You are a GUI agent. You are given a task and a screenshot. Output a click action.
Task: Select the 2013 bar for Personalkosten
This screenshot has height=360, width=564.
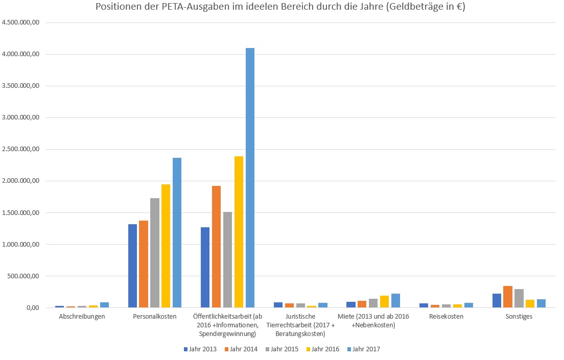[x=132, y=266]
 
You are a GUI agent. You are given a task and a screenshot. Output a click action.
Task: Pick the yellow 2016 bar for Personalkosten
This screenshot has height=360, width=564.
[x=166, y=246]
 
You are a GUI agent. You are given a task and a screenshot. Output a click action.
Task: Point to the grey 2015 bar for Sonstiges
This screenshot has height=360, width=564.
[x=519, y=298]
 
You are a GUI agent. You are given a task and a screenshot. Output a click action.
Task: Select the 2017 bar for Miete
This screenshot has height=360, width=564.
[x=395, y=301]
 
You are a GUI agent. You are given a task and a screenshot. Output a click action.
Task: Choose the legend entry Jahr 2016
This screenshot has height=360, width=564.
[x=322, y=349]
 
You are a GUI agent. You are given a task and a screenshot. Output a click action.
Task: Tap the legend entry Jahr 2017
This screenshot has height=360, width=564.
[x=363, y=349]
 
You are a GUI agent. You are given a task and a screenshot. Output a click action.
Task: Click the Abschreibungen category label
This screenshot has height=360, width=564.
[x=82, y=317]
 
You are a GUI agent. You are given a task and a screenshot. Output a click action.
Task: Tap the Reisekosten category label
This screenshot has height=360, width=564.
[x=446, y=317]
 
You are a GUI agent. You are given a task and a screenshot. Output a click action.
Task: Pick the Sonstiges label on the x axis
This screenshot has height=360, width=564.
[x=519, y=317]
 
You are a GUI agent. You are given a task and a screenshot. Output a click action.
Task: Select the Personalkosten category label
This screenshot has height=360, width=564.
[x=155, y=317]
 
